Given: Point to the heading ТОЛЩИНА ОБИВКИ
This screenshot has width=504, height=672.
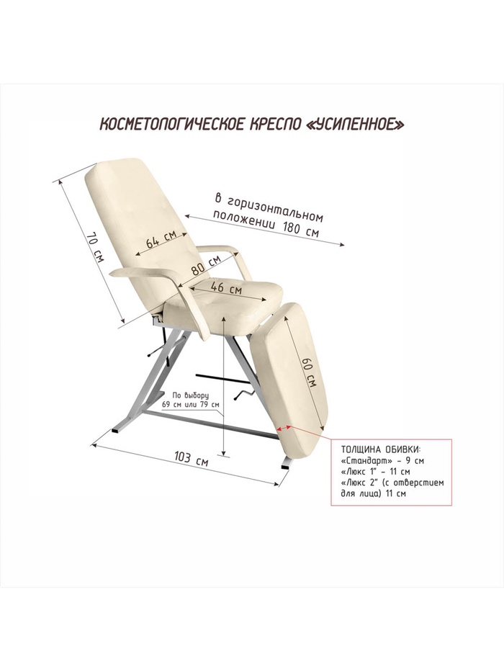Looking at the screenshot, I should point(378,448).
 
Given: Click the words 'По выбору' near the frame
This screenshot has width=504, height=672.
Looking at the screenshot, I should point(190,396).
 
